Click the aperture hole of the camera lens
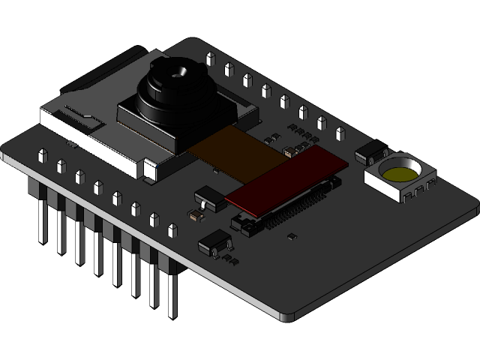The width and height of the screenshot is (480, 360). coord(180,73)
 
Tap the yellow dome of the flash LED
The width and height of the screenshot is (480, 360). coord(400,175)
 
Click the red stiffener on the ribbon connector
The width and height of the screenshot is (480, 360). coord(289,177)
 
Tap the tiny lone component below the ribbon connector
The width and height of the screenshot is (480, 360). coord(292,236)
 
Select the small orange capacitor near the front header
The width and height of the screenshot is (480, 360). coord(196,215)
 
